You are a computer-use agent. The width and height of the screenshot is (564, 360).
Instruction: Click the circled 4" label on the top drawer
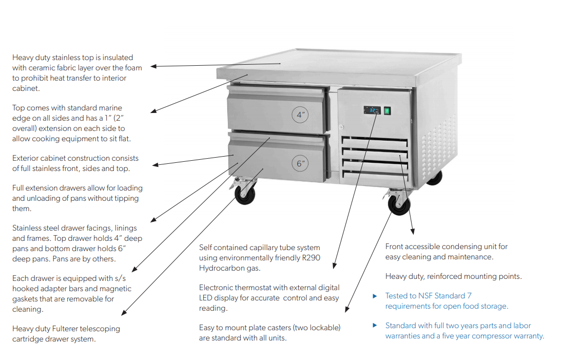coord(300,115)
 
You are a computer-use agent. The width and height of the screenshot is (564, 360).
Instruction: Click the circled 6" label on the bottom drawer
coord(301,164)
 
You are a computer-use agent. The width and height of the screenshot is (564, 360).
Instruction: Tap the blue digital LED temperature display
coord(372,110)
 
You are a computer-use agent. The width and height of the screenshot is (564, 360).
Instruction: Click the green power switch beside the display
coord(386,110)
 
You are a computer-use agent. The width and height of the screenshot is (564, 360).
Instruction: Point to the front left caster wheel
coord(244,194)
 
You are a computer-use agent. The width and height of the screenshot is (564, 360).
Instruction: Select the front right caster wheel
coord(399,204)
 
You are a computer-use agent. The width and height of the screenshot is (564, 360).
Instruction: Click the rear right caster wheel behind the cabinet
coord(434,177)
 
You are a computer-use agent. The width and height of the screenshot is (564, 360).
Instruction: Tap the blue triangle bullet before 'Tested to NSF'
coord(374,296)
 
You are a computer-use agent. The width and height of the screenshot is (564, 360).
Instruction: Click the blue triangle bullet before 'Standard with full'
coord(374,326)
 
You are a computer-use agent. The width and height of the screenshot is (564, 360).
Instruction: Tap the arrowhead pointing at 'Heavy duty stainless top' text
coord(153,66)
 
